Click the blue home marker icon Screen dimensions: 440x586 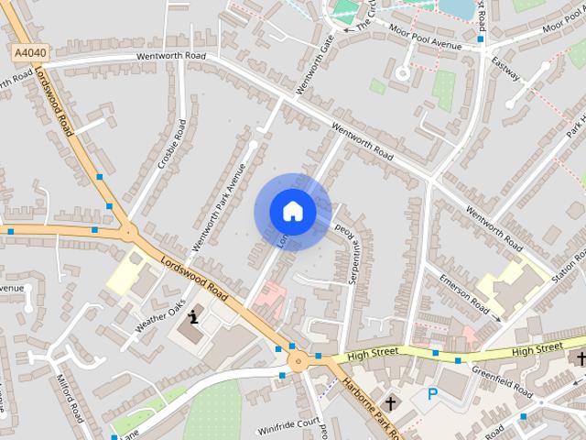tap(292, 212)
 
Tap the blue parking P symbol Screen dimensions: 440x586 tap(432, 395)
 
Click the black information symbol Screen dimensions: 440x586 tap(193, 318)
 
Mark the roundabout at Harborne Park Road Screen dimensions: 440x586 tap(297, 361)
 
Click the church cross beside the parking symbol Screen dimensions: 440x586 tap(390, 402)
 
